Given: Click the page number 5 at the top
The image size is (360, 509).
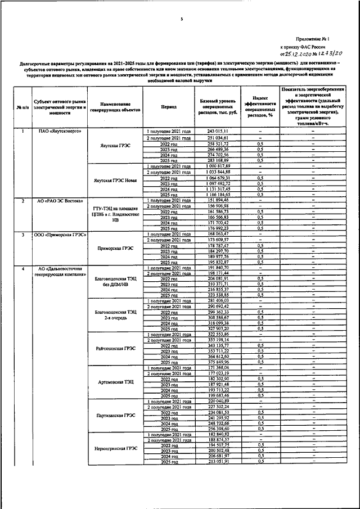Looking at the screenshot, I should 182,20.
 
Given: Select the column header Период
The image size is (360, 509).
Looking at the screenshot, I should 168,106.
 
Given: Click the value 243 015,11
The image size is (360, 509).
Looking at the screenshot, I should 217,131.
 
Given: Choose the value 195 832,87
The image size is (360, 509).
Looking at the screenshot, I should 217,262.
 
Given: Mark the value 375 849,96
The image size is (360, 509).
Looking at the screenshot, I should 217,362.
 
